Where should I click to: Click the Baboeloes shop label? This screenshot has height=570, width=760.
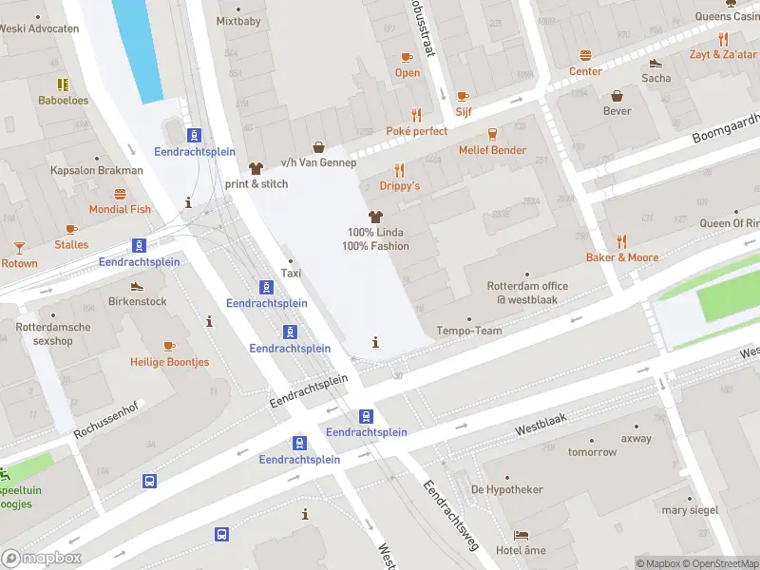[x=63, y=100]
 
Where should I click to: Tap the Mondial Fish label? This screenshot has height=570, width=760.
[x=120, y=209]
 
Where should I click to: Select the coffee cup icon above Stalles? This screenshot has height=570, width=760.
[x=71, y=229]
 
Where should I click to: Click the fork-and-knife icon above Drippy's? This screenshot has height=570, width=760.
[x=399, y=171]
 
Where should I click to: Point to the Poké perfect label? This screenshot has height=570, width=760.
[x=416, y=131]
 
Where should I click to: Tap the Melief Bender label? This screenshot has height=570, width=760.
[x=492, y=150]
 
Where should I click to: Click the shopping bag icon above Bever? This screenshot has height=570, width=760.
[x=617, y=96]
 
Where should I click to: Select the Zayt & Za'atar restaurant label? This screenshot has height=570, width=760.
[x=722, y=54]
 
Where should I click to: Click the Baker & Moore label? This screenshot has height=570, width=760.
[x=622, y=257]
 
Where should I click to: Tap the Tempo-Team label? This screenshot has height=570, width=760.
[x=467, y=331]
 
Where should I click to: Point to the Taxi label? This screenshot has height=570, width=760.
[x=292, y=274]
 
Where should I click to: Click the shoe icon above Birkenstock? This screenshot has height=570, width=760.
[x=137, y=286]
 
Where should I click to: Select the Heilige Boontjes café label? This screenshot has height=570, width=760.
[x=169, y=362]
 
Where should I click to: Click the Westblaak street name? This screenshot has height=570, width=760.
[x=541, y=428]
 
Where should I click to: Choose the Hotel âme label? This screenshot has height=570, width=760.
[x=521, y=551]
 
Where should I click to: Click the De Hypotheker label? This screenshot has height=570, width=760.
[x=507, y=489]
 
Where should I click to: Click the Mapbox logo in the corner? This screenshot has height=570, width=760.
[x=42, y=559]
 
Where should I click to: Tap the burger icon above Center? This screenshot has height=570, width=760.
[x=586, y=56]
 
